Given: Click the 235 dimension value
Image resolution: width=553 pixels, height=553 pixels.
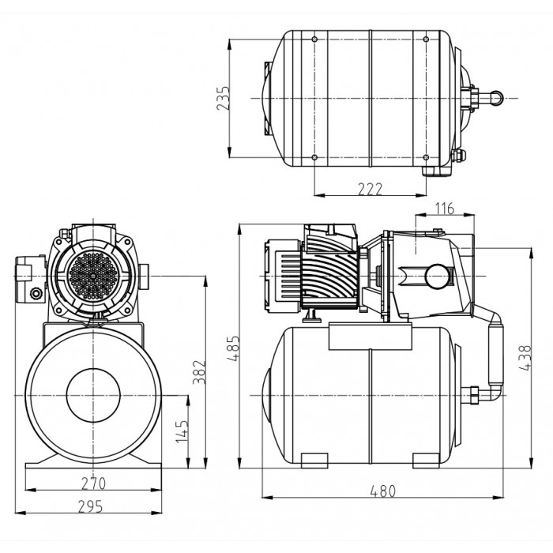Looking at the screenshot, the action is (223, 98).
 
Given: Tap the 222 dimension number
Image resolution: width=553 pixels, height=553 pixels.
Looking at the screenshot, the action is (370, 189).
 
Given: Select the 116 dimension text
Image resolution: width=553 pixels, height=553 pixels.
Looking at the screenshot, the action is (444, 209).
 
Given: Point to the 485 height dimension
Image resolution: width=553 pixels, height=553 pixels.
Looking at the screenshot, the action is (234, 349).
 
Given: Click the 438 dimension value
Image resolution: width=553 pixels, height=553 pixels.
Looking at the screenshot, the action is (525, 358).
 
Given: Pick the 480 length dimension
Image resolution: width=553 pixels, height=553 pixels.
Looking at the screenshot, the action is (383, 491).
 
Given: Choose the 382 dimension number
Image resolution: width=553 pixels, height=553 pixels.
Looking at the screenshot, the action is (199, 372).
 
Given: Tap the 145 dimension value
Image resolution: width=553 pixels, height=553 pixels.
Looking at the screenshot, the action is (182, 431).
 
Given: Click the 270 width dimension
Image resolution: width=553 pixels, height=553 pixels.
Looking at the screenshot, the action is (93, 483).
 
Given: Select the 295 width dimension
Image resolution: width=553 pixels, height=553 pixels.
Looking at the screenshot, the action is (91, 506).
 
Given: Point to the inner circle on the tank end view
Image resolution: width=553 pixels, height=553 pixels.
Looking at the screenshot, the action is (93, 395).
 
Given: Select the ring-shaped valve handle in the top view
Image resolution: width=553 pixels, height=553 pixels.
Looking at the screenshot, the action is (497, 98).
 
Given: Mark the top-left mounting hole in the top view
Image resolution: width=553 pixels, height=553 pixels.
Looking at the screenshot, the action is (314, 39).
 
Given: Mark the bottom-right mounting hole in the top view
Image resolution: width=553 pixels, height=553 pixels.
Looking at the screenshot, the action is (426, 157).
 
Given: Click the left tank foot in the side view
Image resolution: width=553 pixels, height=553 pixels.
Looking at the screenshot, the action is (314, 461).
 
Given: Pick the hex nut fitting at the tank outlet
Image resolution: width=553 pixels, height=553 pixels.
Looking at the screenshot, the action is (473, 395).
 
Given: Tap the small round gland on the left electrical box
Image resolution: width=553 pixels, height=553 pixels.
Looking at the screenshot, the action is (36, 293).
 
